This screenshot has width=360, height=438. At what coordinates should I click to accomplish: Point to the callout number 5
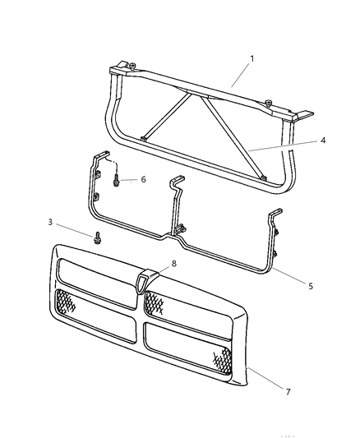(310, 287)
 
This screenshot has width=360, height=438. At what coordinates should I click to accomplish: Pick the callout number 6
(144, 179)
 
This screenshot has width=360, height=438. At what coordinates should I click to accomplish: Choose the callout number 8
(173, 265)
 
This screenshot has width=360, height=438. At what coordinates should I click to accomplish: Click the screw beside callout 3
(99, 238)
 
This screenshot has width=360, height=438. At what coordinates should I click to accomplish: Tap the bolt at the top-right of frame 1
(270, 102)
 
